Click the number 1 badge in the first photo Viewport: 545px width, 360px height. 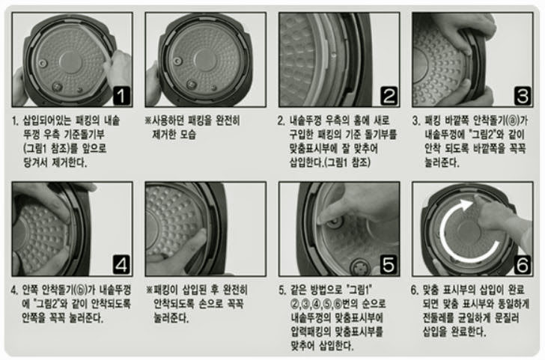(x=121, y=96)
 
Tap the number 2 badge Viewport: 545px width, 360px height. (x=389, y=96)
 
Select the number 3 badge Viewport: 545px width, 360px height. (x=523, y=96)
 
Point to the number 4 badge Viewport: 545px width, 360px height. (x=121, y=265)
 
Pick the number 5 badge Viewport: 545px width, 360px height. (x=389, y=265)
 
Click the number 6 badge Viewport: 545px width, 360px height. (x=523, y=265)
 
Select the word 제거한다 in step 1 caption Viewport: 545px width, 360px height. (x=69, y=162)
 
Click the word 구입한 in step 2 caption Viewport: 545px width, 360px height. (x=302, y=135)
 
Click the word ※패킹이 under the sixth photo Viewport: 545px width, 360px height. (x=163, y=290)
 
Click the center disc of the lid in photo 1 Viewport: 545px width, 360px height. (x=70, y=62)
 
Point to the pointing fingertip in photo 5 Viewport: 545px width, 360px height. (x=322, y=219)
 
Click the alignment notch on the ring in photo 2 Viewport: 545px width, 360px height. (x=334, y=55)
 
